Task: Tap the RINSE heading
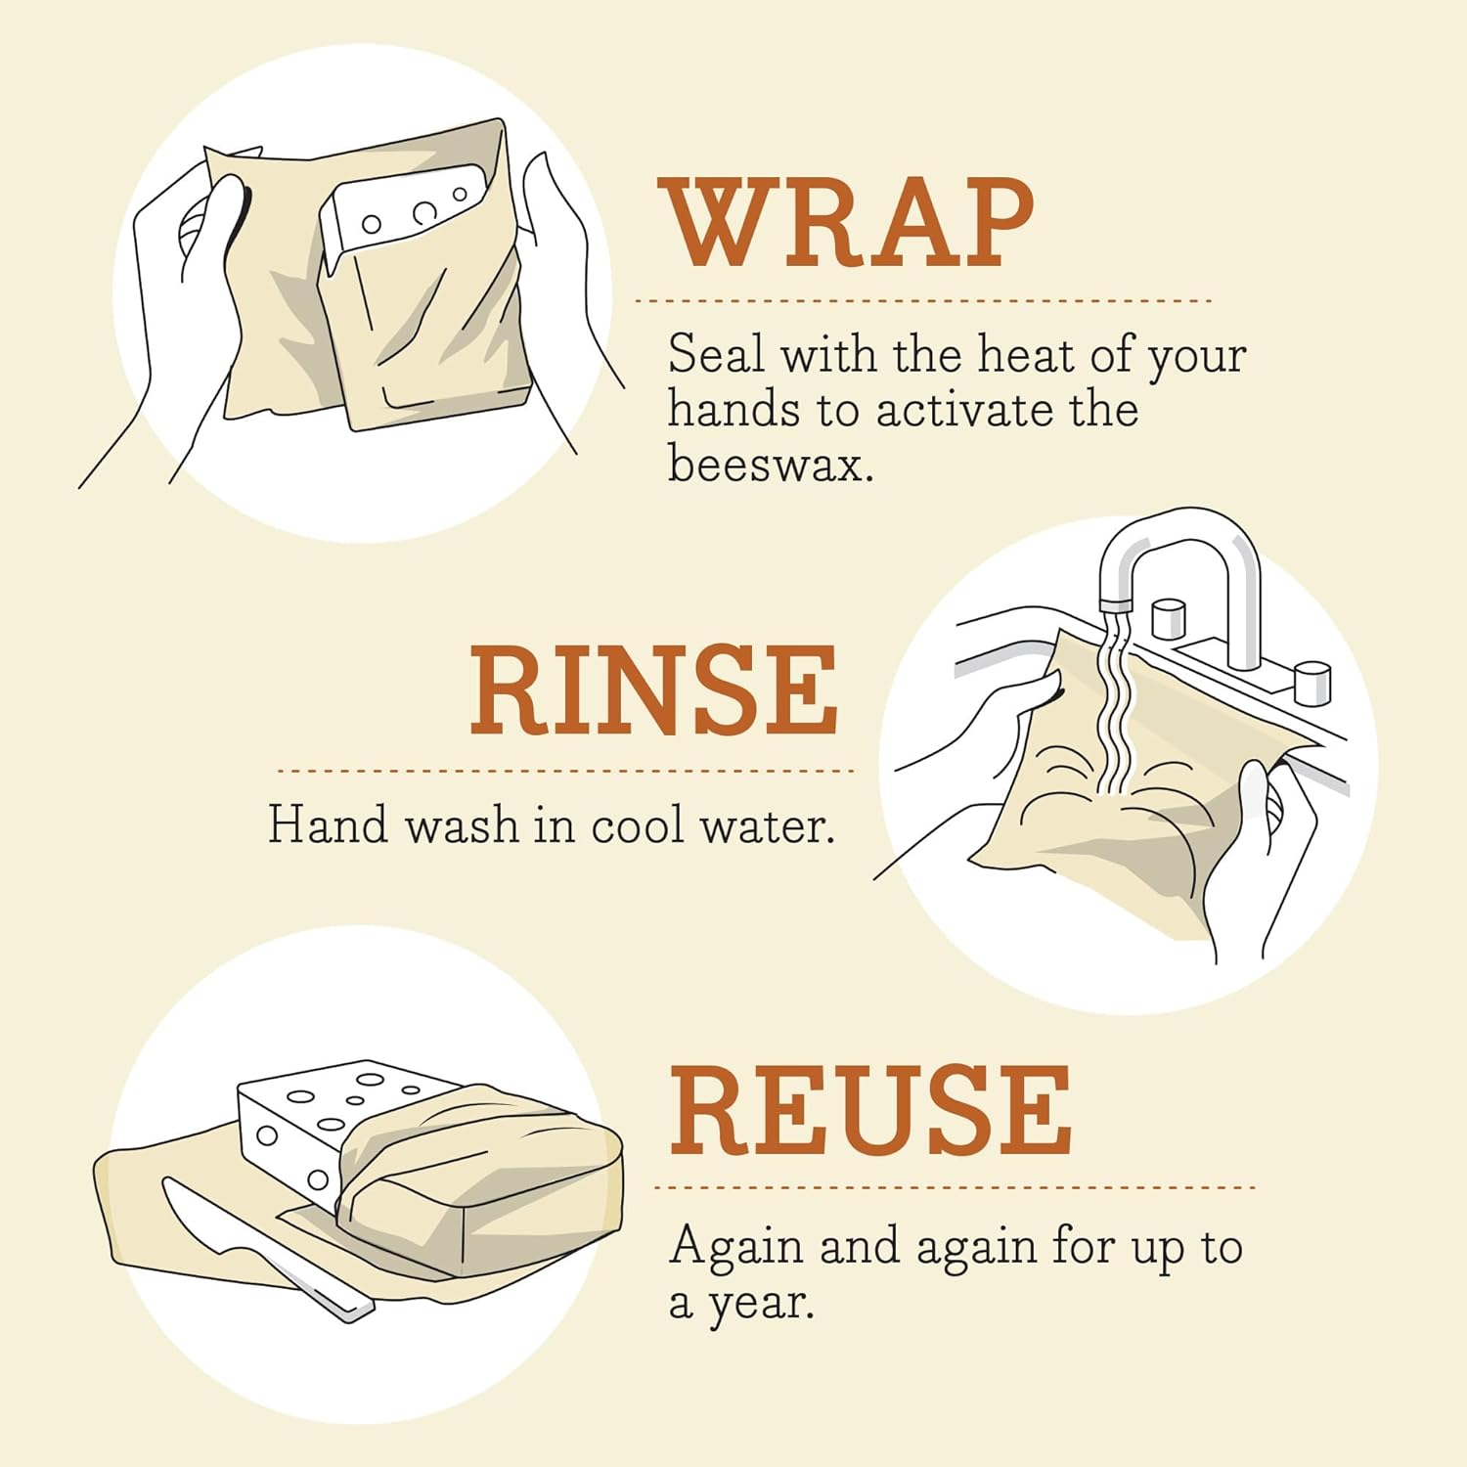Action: point(653,690)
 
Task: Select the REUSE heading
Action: point(870,1112)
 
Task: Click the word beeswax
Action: point(769,464)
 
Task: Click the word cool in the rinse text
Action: point(637,826)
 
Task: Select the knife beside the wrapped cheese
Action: point(264,1247)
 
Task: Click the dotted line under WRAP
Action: point(923,301)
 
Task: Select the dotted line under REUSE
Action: point(954,1188)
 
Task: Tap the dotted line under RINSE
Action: point(565,771)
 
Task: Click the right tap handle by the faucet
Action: point(1311,682)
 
